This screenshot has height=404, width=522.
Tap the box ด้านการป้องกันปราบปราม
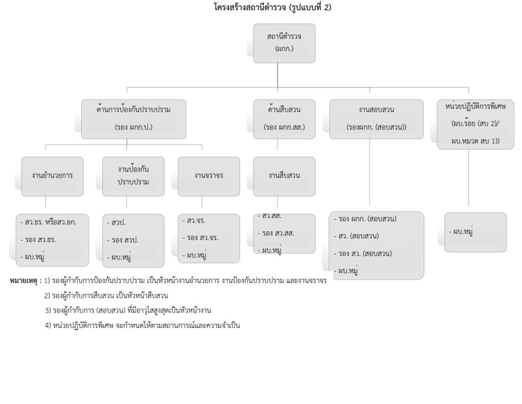click(x=134, y=118)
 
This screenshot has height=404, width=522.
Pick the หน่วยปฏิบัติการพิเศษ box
click(x=476, y=124)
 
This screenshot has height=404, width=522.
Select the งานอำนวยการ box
click(x=52, y=176)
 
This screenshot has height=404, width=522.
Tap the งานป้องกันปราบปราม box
click(x=134, y=176)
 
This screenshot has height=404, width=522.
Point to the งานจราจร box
click(x=209, y=176)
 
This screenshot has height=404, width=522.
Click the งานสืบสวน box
click(x=284, y=176)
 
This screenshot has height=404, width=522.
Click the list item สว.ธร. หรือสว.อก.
click(x=54, y=223)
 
